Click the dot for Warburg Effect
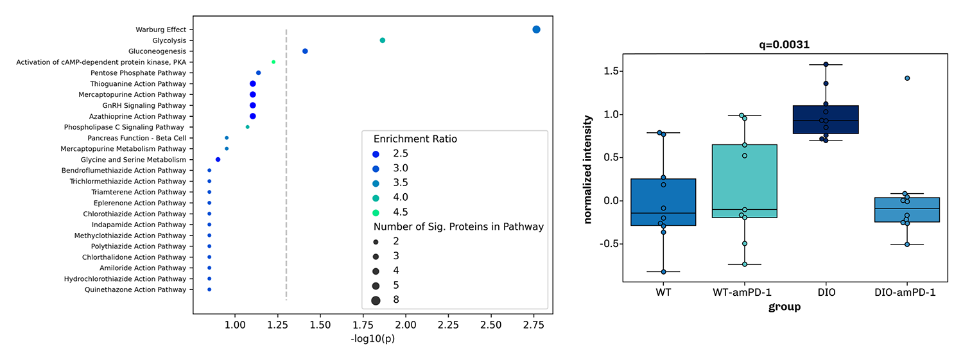(x=536, y=30)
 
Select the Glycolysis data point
(x=383, y=40)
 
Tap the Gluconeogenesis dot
(x=305, y=51)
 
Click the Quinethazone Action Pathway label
(x=135, y=290)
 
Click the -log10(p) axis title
(x=372, y=338)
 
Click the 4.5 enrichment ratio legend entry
(x=400, y=212)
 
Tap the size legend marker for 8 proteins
(x=376, y=300)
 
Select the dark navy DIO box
(x=826, y=120)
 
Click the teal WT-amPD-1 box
(x=745, y=181)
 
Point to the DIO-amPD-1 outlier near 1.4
(x=907, y=78)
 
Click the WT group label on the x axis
(x=663, y=293)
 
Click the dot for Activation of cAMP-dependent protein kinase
(x=273, y=62)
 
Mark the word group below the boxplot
(x=785, y=307)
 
